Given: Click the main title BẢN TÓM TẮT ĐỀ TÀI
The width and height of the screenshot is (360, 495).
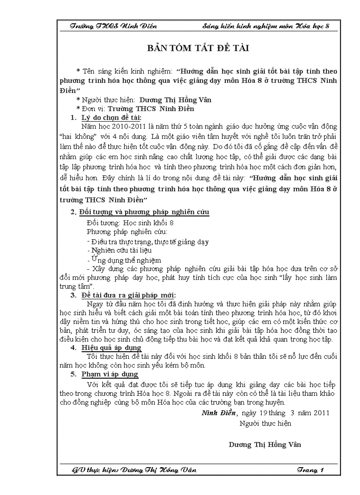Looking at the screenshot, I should point(198,48).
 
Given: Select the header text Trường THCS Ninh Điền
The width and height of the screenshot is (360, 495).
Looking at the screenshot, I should point(113,26).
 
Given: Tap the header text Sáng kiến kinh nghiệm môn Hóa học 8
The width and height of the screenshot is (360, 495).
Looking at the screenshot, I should point(266,26).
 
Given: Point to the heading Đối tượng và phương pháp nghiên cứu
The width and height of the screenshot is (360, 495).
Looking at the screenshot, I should point(144,212).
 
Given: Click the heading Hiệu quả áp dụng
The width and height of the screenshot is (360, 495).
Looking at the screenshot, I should point(111,348).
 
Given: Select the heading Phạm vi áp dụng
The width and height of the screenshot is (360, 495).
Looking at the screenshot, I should point(110,374).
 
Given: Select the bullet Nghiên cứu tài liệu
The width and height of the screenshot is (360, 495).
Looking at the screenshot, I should point(113,250).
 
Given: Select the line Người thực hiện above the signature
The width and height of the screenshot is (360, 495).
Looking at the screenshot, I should point(265,424).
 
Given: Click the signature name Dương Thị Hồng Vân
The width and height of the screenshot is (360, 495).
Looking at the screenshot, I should point(265,444).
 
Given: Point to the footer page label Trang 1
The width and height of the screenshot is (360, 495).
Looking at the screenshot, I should point(310,470).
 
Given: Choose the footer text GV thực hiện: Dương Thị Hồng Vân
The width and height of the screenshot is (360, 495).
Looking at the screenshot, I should point(134,470).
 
